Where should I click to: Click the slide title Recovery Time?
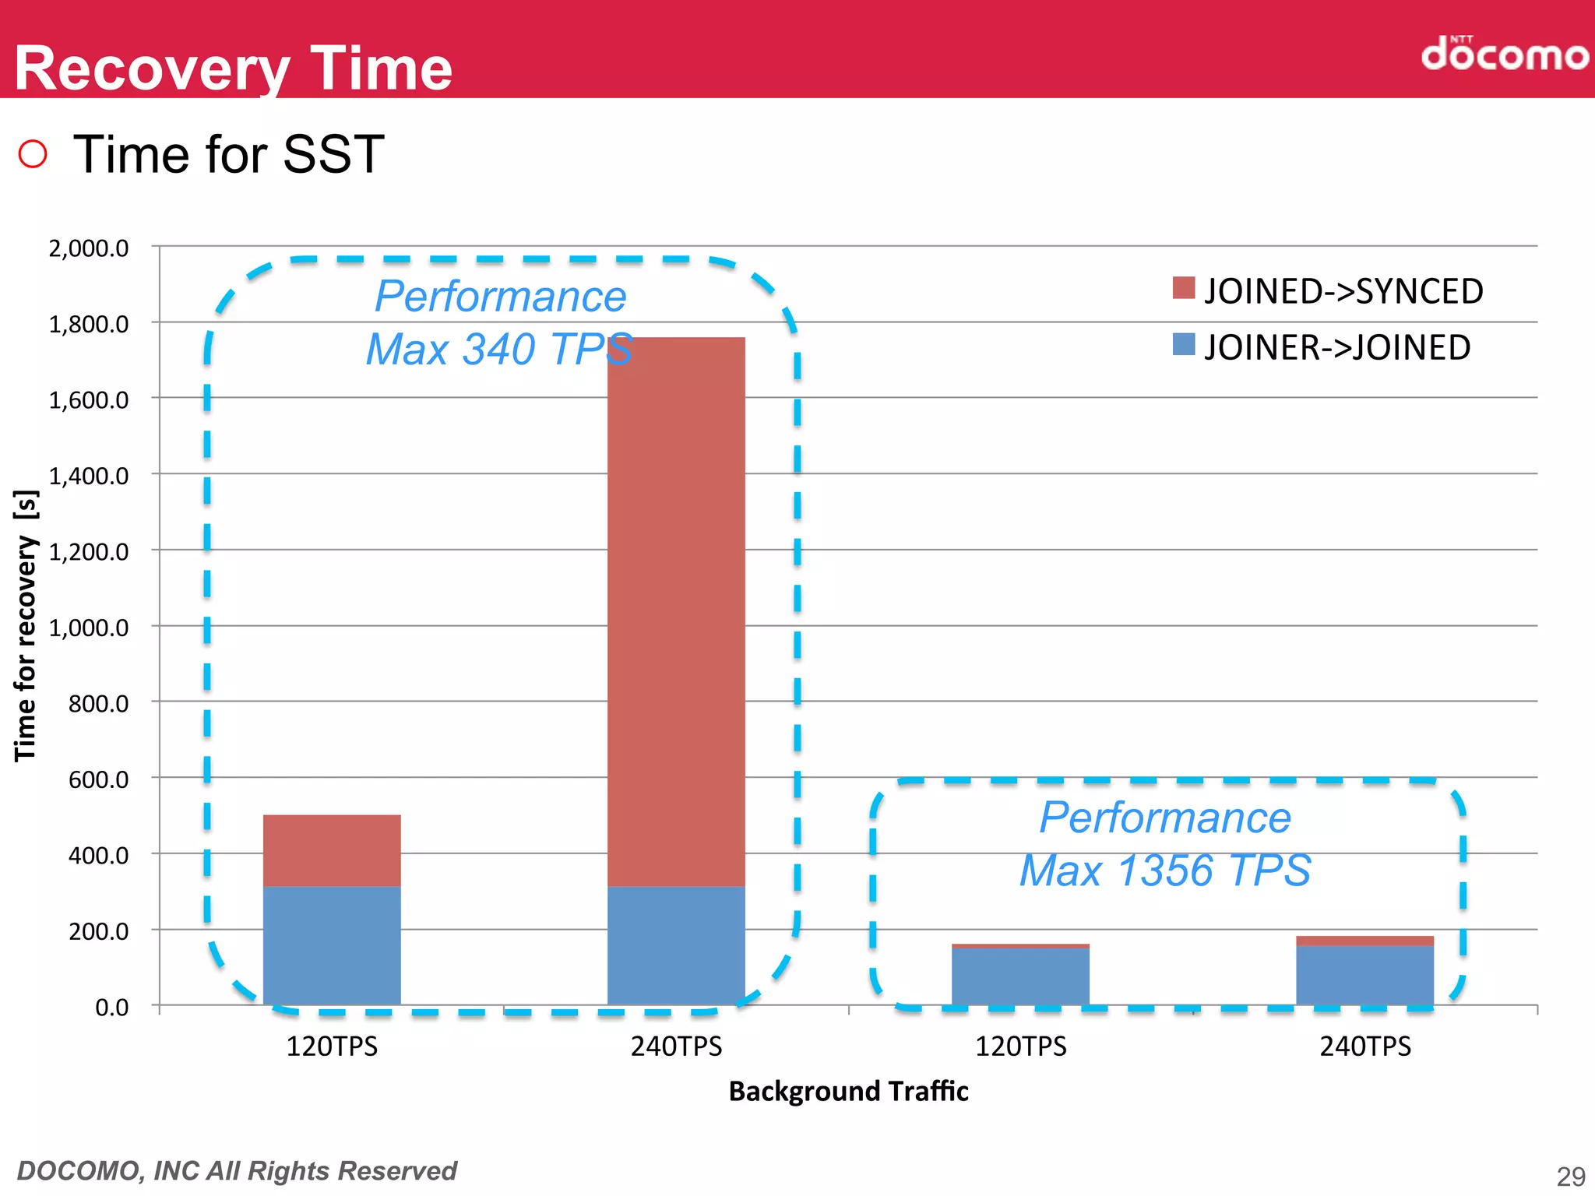(x=233, y=69)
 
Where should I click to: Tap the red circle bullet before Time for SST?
(x=33, y=153)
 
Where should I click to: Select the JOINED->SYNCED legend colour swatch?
(x=1183, y=287)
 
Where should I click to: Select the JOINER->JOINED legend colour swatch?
(x=1183, y=344)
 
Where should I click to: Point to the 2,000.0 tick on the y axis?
(x=89, y=248)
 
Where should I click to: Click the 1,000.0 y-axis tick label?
(x=89, y=628)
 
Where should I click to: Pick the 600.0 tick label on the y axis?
(x=98, y=779)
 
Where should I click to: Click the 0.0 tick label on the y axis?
(x=111, y=1008)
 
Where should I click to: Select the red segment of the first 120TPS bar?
(x=332, y=850)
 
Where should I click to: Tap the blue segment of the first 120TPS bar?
(x=332, y=945)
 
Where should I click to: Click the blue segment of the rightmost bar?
(x=1364, y=975)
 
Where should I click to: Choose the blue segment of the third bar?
(x=1020, y=976)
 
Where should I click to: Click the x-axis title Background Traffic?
(x=848, y=1091)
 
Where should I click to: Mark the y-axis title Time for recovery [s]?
(x=26, y=626)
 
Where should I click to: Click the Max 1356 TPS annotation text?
(x=1165, y=871)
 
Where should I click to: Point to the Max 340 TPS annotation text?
(x=498, y=349)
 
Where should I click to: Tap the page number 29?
(x=1570, y=1176)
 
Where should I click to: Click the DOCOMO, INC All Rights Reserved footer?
(x=237, y=1171)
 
